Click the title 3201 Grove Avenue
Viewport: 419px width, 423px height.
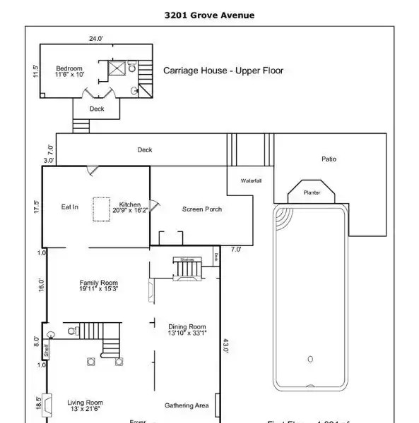point(209,15)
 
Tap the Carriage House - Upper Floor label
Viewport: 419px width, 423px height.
point(223,70)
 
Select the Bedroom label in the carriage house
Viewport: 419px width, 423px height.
point(69,69)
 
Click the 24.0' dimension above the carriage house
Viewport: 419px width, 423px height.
point(96,39)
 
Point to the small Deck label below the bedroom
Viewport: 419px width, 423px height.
point(96,109)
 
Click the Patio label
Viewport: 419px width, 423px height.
point(329,159)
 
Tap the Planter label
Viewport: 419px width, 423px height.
point(312,192)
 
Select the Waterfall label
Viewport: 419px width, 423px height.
point(251,180)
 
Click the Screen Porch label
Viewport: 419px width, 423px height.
point(202,209)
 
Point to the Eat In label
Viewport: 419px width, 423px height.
point(69,207)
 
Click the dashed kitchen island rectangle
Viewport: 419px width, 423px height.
point(102,209)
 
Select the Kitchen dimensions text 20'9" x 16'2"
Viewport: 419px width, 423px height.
point(130,210)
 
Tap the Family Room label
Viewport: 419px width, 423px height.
point(98,282)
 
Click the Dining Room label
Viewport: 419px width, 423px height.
point(187,326)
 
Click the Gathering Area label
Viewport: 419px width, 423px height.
point(187,405)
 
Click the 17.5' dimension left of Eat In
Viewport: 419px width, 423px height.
point(36,207)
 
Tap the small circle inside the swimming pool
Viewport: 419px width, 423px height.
point(309,360)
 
